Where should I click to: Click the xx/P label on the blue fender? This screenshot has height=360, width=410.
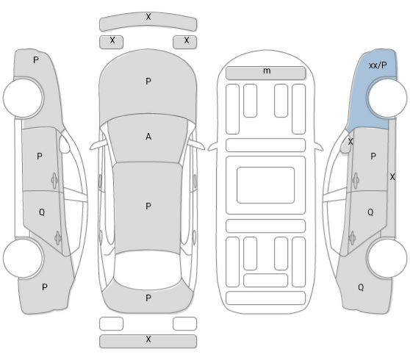click(378, 65)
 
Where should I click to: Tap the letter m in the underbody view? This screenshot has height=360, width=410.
click(267, 71)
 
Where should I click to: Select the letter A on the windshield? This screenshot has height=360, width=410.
click(148, 137)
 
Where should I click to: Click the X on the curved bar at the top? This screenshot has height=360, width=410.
click(148, 17)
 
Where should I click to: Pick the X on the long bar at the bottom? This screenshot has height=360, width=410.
click(148, 339)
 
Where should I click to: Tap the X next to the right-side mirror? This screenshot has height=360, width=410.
click(350, 142)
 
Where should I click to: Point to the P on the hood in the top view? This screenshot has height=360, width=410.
click(148, 82)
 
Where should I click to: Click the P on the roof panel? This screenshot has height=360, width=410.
click(148, 206)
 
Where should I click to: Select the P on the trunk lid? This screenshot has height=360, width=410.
click(148, 298)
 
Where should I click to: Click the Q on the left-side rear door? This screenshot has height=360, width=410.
click(42, 212)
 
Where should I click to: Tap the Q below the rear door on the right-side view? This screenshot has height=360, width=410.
click(361, 287)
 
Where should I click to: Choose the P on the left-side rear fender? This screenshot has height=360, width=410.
click(45, 287)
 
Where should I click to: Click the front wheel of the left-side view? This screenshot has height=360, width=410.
click(24, 98)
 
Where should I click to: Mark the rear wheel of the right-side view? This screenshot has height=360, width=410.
click(387, 258)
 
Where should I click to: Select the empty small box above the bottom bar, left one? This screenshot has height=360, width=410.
click(111, 324)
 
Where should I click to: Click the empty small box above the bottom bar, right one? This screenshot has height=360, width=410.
click(185, 324)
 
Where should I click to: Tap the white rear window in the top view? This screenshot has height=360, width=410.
click(148, 270)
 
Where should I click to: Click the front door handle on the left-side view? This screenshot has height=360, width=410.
click(54, 180)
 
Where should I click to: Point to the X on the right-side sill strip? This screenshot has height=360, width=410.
click(392, 177)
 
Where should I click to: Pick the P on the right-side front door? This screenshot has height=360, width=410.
click(373, 156)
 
